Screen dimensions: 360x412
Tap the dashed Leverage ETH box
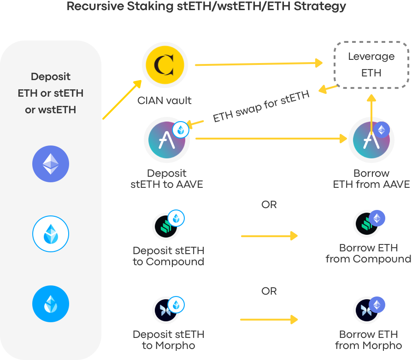pyautogui.click(x=371, y=65)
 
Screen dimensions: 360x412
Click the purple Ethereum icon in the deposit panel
pyautogui.click(x=51, y=164)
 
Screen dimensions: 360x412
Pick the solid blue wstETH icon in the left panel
pyautogui.click(x=51, y=304)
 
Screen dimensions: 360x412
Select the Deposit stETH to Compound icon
pyautogui.click(x=166, y=225)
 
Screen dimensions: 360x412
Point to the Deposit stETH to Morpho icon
pyautogui.click(x=166, y=310)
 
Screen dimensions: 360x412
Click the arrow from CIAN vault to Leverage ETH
pyautogui.click(x=258, y=64)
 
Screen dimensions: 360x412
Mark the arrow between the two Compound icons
pyautogui.click(x=269, y=236)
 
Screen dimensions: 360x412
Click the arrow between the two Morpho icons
pyautogui.click(x=269, y=319)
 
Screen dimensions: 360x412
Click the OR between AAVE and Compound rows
pyautogui.click(x=269, y=204)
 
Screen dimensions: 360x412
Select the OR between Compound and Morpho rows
pyautogui.click(x=269, y=291)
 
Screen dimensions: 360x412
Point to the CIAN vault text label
pyautogui.click(x=165, y=100)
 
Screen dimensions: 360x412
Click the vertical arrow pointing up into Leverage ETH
pyautogui.click(x=371, y=115)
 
